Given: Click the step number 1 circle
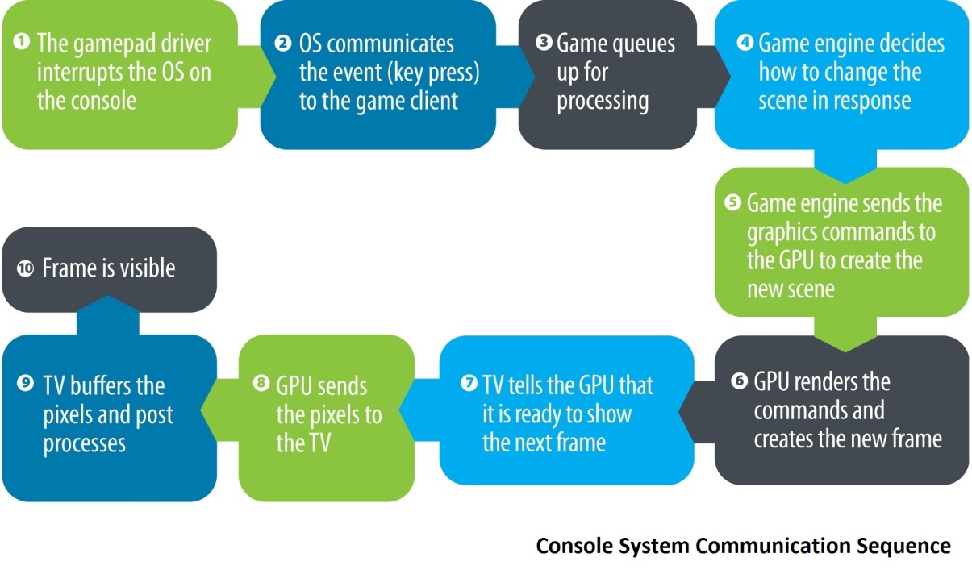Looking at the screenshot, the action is (21, 42).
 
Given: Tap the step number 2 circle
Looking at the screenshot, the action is (283, 43).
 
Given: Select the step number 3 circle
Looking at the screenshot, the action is (544, 42).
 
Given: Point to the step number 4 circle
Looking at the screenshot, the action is (745, 42).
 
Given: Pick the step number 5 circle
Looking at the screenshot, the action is (733, 202).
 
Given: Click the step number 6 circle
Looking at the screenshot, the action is (740, 381).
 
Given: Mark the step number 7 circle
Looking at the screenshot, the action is (469, 383).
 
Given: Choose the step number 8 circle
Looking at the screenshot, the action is (261, 383).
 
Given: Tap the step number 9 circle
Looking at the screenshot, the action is (25, 383).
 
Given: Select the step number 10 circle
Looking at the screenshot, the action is (25, 268).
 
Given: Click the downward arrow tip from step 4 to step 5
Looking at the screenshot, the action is (845, 183).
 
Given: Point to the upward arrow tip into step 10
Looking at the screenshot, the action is (108, 296).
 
